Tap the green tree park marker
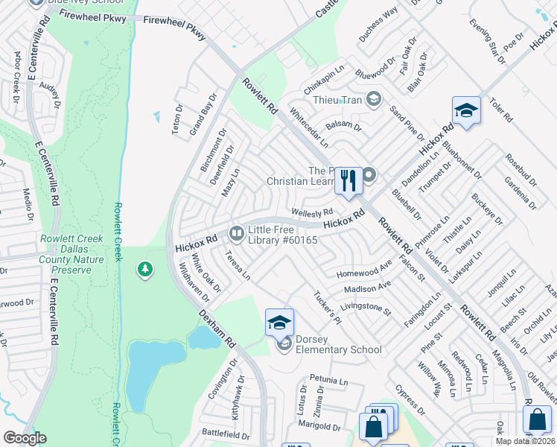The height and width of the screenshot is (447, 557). point(144,269)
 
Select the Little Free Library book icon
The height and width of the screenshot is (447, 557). point(236,235)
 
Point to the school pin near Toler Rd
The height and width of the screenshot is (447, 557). point(465,111)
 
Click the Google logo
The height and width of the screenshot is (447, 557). point(25,438)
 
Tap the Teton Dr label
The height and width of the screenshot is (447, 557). point(178,118)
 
